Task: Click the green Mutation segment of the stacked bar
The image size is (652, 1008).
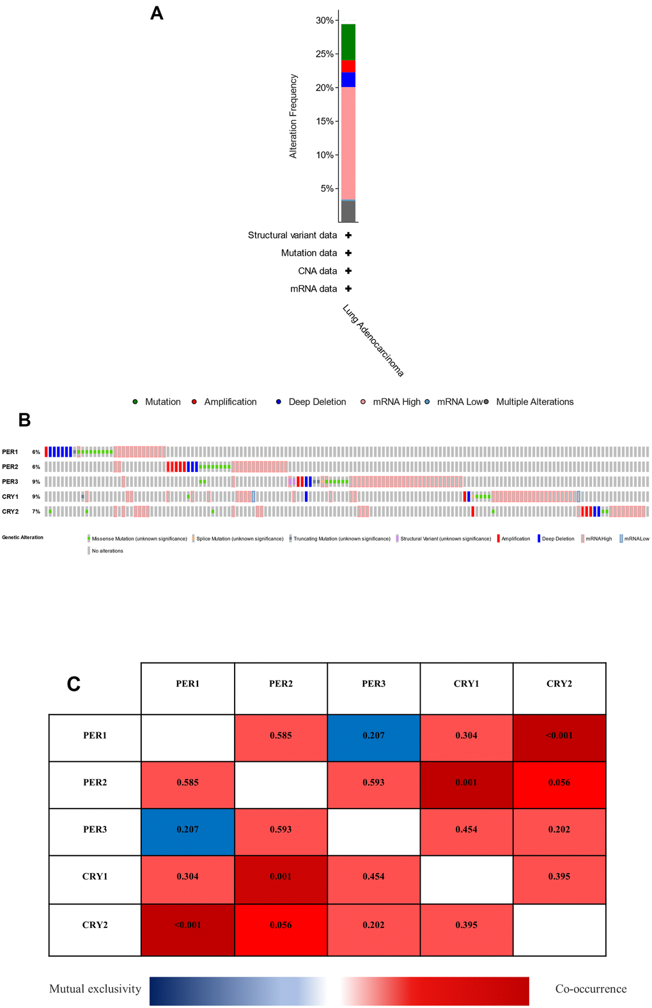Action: pyautogui.click(x=348, y=42)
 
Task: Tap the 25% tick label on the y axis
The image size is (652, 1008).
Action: pyautogui.click(x=325, y=54)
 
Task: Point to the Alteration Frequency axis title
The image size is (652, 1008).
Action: pyautogui.click(x=293, y=116)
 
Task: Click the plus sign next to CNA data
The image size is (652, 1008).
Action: pyautogui.click(x=348, y=271)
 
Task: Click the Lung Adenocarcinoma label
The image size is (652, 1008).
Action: pyautogui.click(x=373, y=340)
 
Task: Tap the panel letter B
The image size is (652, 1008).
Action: pyautogui.click(x=24, y=420)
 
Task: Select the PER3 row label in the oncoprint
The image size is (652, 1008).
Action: pyautogui.click(x=10, y=482)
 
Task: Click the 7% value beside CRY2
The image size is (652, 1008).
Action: pyautogui.click(x=36, y=512)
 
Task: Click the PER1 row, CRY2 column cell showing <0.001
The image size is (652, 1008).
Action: pyautogui.click(x=559, y=736)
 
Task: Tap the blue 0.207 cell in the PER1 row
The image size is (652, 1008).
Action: pyautogui.click(x=374, y=736)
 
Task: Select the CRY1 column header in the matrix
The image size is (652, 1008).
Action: pyautogui.click(x=467, y=684)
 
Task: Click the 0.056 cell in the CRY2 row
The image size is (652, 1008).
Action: pyautogui.click(x=281, y=925)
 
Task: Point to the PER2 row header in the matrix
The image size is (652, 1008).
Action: pyautogui.click(x=95, y=782)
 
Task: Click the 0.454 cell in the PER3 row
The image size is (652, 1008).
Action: pyautogui.click(x=467, y=830)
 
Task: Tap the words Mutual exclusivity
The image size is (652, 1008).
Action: pyautogui.click(x=95, y=989)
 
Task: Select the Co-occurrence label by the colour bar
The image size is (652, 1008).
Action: pyautogui.click(x=591, y=989)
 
